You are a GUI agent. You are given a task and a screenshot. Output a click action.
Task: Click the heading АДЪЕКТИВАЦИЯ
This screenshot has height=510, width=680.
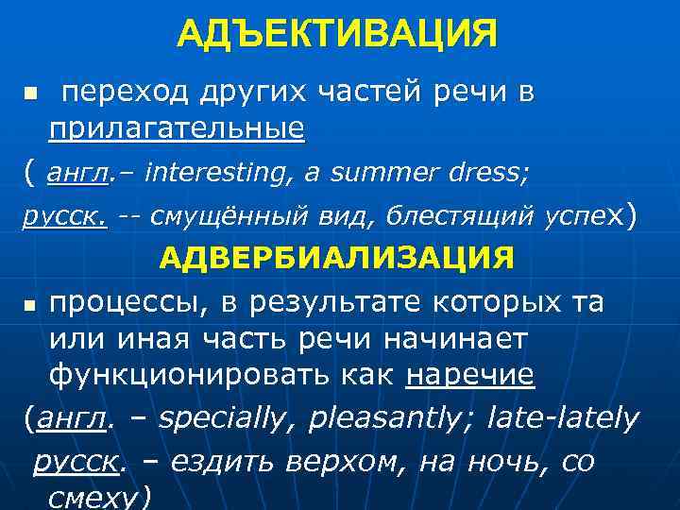point(336,35)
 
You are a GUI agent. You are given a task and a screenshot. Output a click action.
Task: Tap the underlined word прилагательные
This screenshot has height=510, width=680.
point(177,127)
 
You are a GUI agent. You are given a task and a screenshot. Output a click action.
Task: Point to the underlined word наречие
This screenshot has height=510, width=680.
point(470,375)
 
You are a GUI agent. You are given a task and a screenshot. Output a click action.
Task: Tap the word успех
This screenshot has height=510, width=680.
point(586,217)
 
